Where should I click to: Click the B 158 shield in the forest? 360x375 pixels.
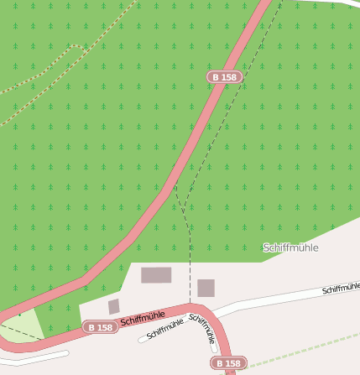(224, 77)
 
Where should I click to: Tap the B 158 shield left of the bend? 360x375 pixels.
(100, 327)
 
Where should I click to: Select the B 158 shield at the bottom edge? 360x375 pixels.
(228, 363)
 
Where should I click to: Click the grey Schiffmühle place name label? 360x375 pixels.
(290, 247)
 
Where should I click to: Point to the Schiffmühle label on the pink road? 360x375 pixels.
(143, 318)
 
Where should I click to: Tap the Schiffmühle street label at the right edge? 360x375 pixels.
(341, 288)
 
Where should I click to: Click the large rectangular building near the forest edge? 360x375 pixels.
(156, 275)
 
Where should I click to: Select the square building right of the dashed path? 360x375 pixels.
(206, 288)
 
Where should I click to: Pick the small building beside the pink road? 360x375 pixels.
(114, 306)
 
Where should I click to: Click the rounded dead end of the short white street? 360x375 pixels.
(142, 340)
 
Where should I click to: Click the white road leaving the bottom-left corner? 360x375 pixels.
(34, 358)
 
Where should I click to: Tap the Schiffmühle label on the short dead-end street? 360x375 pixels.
(164, 329)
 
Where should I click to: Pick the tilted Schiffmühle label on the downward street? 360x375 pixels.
(203, 329)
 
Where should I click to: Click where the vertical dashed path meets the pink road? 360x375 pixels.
(190, 304)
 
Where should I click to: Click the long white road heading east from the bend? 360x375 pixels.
(277, 299)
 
